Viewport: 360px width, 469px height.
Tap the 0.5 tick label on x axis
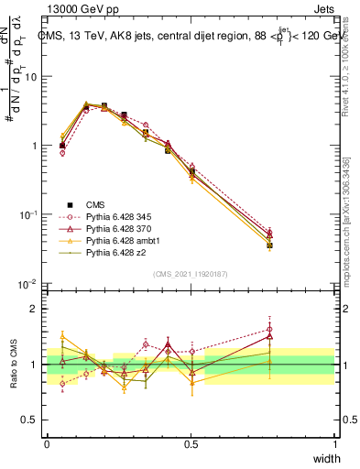pyautogui.click(x=191, y=443)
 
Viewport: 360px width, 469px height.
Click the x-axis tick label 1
pyautogui.click(x=335, y=443)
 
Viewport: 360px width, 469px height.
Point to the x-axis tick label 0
pyautogui.click(x=47, y=443)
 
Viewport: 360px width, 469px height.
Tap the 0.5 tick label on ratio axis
pyautogui.click(x=32, y=422)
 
